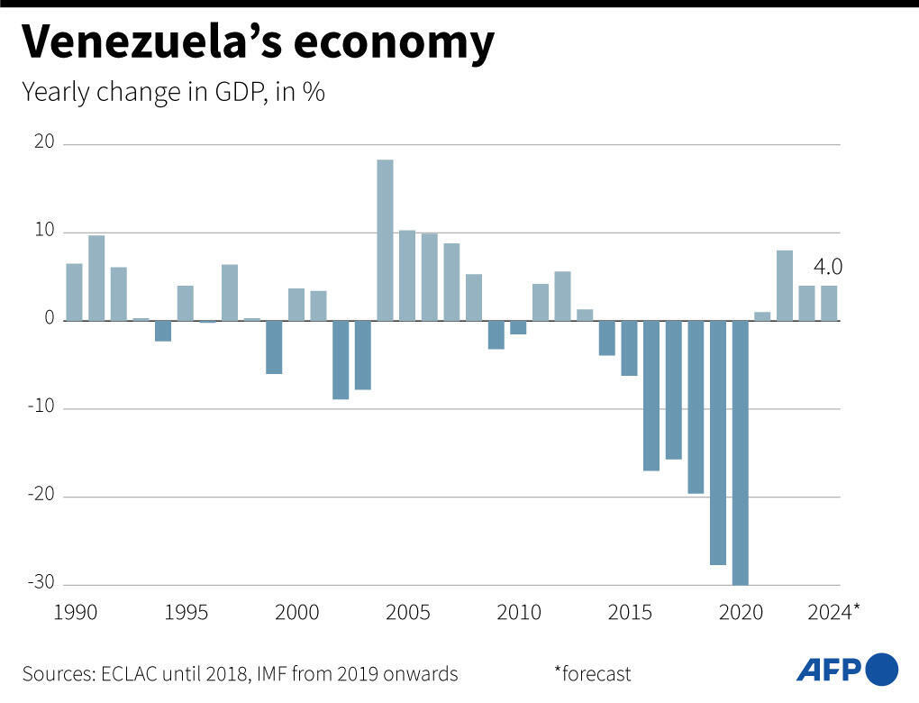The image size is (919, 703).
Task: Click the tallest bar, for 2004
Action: tap(385, 240)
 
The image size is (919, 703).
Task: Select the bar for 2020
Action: tap(740, 452)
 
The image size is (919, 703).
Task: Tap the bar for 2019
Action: tap(718, 443)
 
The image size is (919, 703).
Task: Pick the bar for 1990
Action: tap(74, 292)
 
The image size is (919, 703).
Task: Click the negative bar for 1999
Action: tap(274, 347)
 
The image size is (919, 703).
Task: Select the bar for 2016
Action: tap(651, 396)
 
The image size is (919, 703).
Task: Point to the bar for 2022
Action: tap(785, 286)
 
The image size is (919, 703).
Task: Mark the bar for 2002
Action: tap(341, 360)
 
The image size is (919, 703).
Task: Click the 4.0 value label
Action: tap(828, 267)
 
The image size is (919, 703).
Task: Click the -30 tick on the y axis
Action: tap(41, 583)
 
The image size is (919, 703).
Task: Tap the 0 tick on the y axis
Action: tap(50, 320)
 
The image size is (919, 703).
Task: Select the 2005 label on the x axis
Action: tap(407, 613)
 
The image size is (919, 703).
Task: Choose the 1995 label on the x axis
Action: tap(186, 613)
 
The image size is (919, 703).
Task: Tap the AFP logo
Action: tap(847, 670)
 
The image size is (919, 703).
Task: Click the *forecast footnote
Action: tap(593, 673)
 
